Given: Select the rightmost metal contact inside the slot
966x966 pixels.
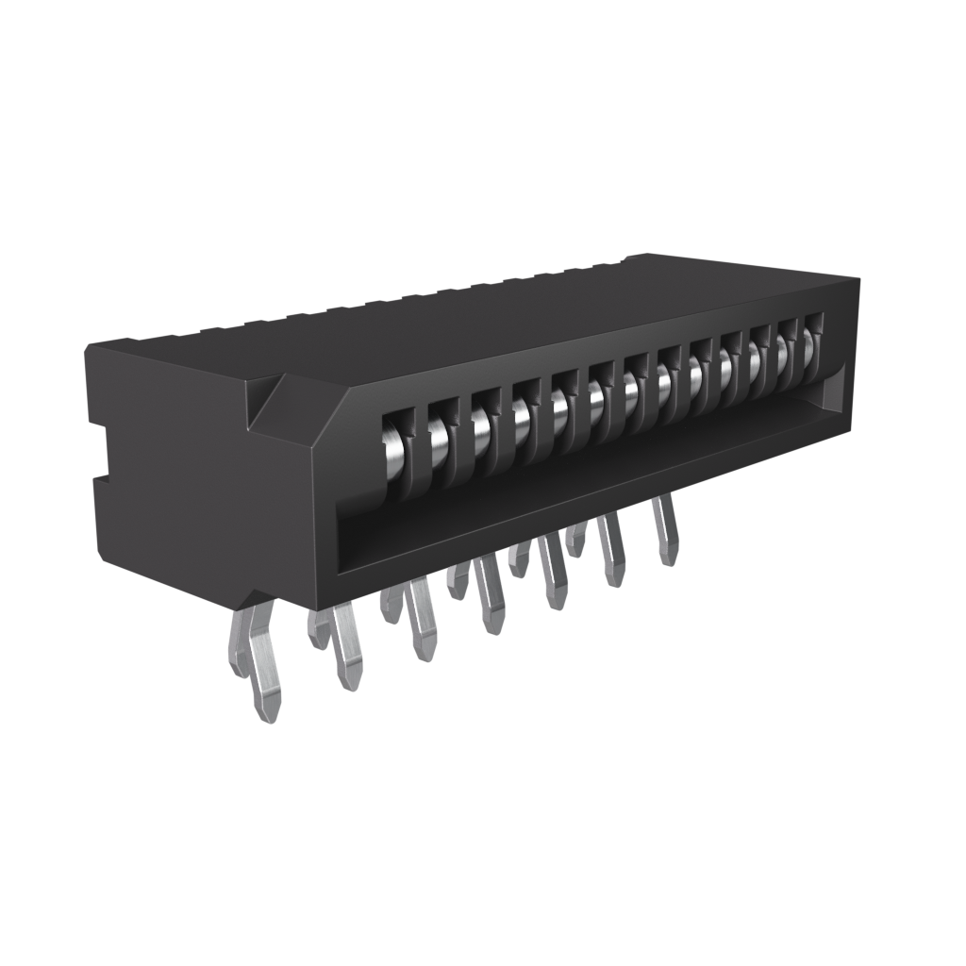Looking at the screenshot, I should click(809, 346).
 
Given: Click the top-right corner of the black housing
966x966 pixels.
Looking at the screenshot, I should click(857, 280).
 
